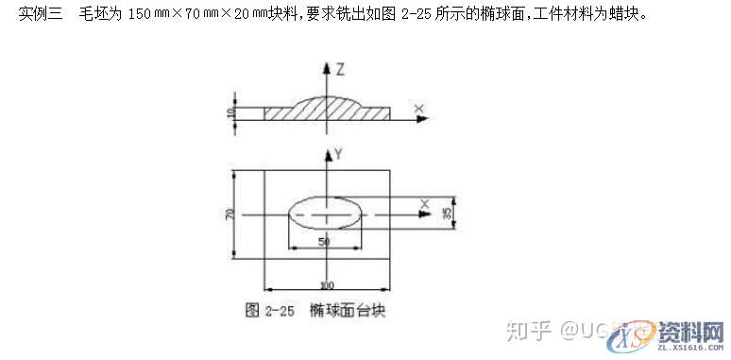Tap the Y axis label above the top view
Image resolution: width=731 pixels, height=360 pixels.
(x=337, y=153)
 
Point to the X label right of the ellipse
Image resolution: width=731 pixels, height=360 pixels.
(x=425, y=204)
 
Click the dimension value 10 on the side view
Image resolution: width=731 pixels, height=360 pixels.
(x=231, y=113)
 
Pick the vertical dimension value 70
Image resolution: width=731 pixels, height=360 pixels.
(x=229, y=214)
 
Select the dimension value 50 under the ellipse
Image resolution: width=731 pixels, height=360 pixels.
(x=324, y=243)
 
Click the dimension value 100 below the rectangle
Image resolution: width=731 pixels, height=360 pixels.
(x=327, y=284)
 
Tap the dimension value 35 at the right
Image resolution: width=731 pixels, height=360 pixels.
(x=447, y=213)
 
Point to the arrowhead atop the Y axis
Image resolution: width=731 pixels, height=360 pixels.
(x=327, y=154)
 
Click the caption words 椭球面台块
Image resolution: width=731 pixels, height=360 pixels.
(x=348, y=309)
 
